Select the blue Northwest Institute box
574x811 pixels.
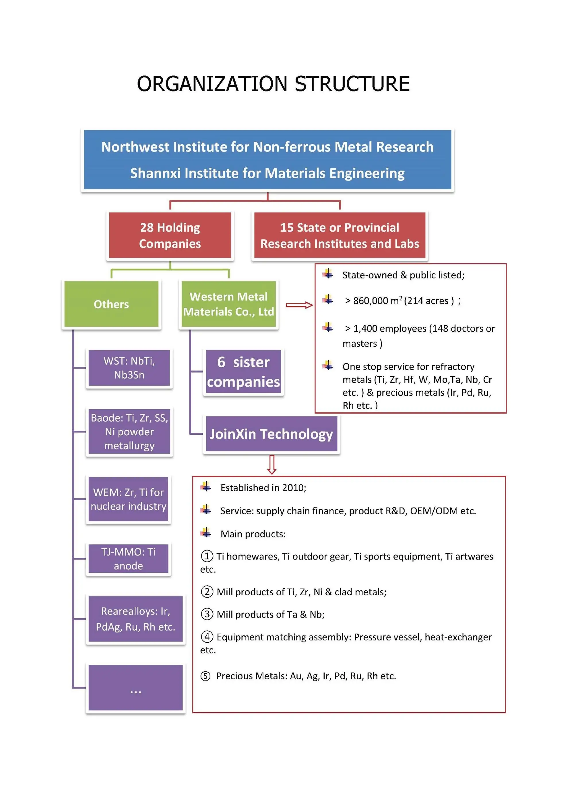point(267,160)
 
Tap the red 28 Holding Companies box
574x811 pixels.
point(170,235)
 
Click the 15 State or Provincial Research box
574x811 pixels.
point(339,235)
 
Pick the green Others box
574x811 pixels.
point(111,304)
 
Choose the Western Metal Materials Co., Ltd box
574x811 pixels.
point(228,304)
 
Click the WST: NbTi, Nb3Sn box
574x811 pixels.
point(129,368)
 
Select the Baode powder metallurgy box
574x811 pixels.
point(129,431)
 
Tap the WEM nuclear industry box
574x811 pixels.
point(128,499)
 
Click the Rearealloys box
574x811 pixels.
point(135,619)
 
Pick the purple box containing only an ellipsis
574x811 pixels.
point(135,687)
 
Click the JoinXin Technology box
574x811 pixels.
point(271,434)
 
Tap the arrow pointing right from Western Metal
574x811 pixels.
point(299,305)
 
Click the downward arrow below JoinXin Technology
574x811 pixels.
point(272,465)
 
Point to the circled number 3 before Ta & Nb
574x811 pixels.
point(207,614)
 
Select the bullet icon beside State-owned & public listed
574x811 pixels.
point(328,274)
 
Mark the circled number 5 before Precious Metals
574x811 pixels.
point(205,676)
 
